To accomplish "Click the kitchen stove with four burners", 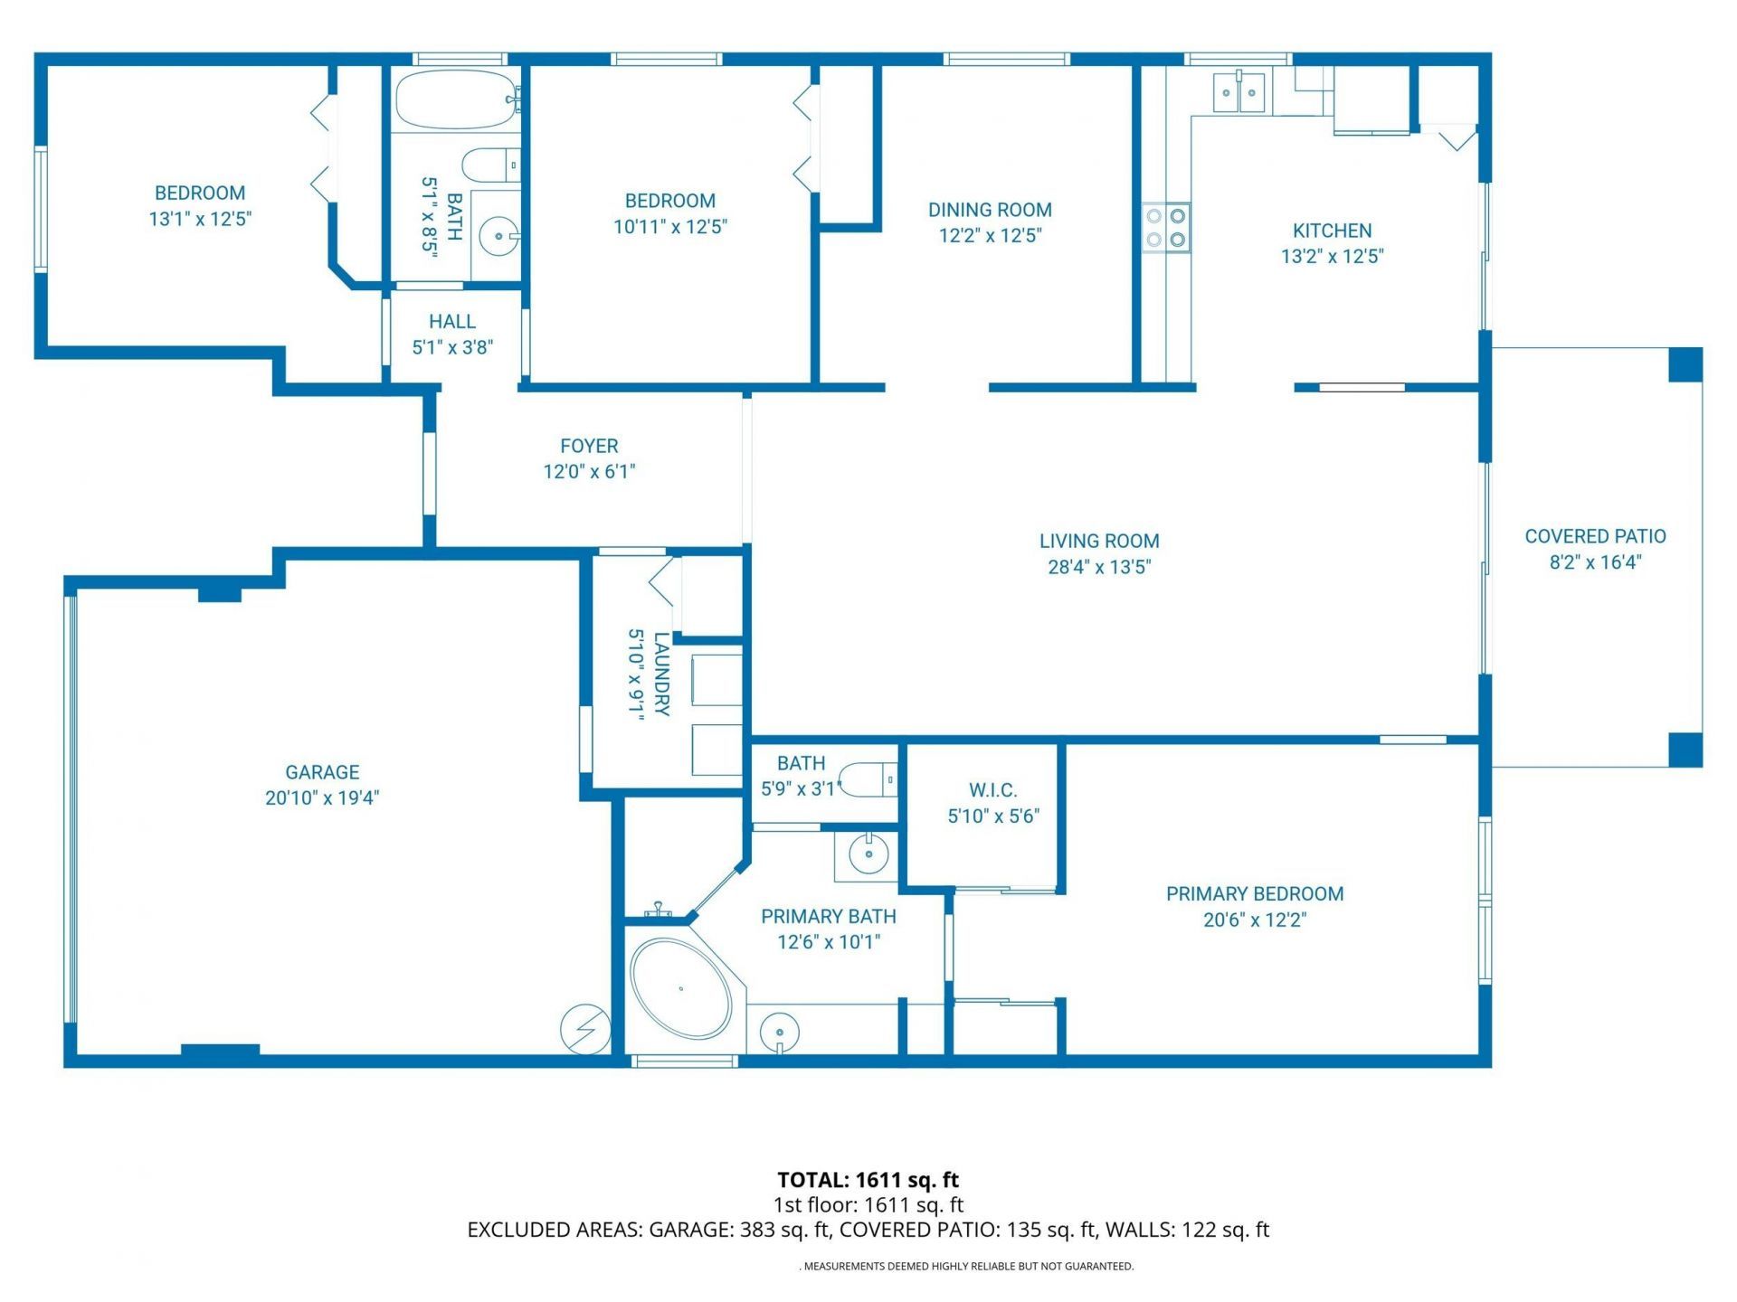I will point(1165,228).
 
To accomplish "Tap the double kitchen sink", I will point(1239,92).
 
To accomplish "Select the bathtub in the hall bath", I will point(455,99).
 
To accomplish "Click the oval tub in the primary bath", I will point(680,988).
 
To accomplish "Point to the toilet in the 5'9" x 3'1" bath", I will point(868,779).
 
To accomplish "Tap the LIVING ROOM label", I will point(1098,541).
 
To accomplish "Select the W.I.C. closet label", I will point(992,790).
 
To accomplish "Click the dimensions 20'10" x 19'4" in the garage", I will point(322,797).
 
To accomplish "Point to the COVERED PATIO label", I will point(1594,536).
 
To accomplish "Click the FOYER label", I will point(589,446).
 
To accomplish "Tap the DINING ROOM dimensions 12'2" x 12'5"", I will point(990,236).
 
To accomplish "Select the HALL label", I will point(451,322).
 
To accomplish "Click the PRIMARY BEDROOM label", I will point(1254,893).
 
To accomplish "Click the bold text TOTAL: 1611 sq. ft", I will point(868,1179).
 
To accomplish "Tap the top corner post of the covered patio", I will point(1685,364).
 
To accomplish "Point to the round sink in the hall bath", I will point(498,237).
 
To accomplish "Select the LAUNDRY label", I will point(661,674).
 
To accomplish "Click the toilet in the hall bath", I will point(489,165).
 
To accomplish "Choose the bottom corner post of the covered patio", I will point(1685,750).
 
